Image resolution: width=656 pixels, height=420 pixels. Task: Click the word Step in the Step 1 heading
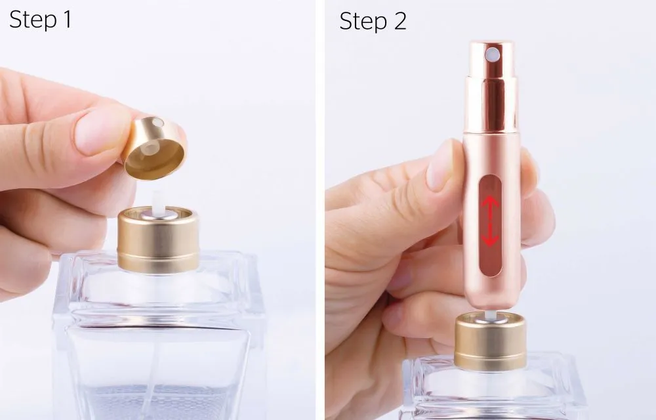[x=33, y=20]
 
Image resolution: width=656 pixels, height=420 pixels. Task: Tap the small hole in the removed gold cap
[x=155, y=123]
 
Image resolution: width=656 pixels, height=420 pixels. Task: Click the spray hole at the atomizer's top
[x=491, y=51]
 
